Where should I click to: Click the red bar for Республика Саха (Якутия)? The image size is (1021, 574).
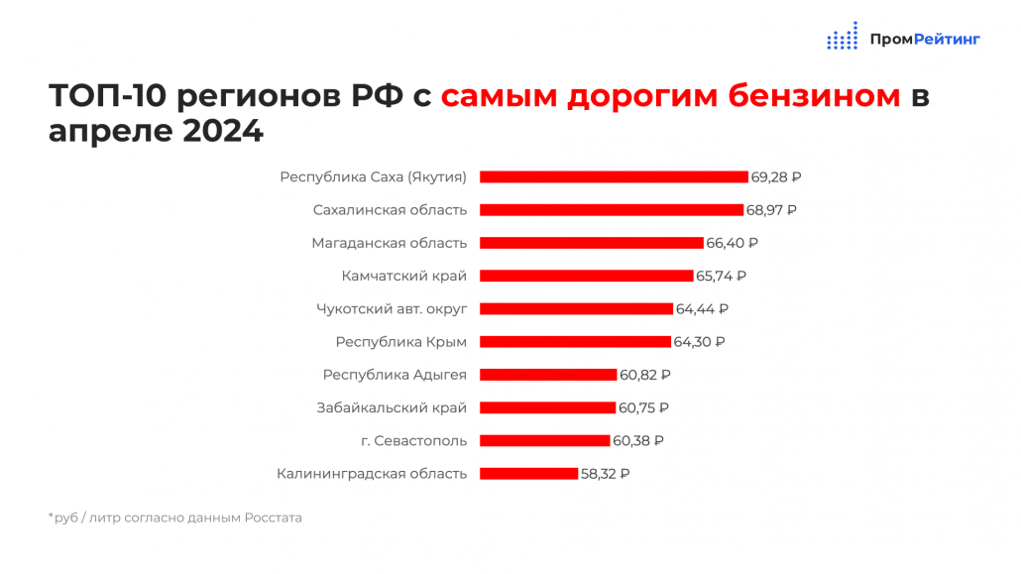coord(614,177)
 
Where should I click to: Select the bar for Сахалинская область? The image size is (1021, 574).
coord(612,210)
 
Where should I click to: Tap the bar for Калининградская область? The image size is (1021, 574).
coord(528,474)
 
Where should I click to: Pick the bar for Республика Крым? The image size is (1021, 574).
coord(575,342)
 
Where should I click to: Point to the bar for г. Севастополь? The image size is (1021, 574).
coord(544,441)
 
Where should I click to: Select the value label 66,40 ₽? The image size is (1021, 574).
coord(732,243)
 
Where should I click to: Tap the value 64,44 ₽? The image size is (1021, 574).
coord(702,309)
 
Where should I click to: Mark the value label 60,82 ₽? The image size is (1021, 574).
coord(645,375)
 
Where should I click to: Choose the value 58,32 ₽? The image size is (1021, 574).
coord(605,474)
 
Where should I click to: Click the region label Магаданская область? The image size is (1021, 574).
coord(389,243)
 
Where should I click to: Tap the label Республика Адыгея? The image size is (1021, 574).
coord(395,375)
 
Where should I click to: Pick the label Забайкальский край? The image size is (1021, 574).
coord(392,407)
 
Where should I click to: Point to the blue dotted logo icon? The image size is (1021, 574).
coord(843,37)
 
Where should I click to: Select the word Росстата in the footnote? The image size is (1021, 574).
coord(273,517)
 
